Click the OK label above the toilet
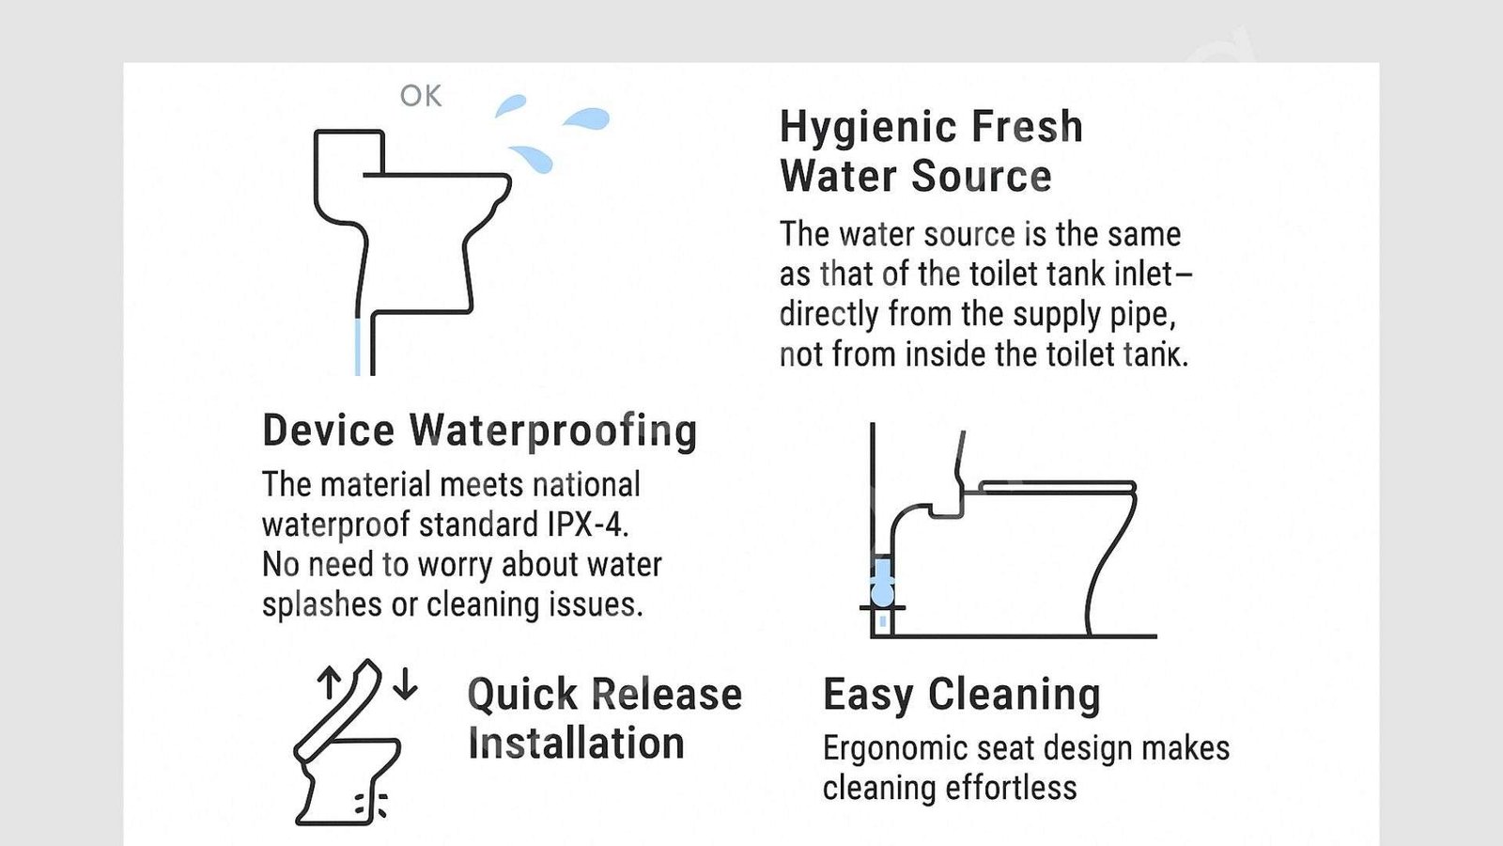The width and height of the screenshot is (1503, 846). (x=421, y=96)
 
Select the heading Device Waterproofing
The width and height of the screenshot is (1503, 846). (x=480, y=431)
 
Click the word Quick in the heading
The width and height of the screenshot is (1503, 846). (x=522, y=696)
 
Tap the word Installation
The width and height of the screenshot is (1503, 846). (x=577, y=744)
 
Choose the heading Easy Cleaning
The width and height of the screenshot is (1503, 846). (x=962, y=696)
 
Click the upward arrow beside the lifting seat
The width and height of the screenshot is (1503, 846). (x=329, y=682)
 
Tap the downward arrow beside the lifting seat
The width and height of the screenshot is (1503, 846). (x=405, y=683)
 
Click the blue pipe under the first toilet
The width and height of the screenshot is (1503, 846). (x=358, y=347)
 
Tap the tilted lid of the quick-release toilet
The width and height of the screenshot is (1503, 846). (x=337, y=709)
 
